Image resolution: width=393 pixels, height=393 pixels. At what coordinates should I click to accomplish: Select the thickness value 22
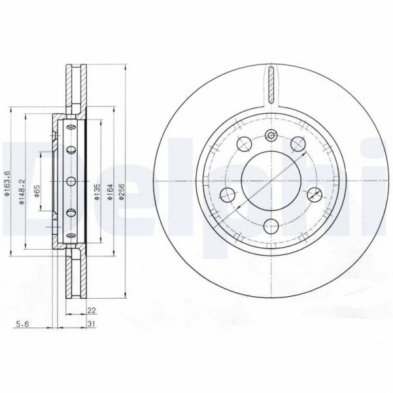pyautogui.click(x=92, y=312)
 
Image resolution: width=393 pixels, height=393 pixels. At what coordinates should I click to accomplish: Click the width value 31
pyautogui.click(x=92, y=324)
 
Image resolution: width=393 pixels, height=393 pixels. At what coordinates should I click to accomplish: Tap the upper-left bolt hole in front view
pyautogui.click(x=245, y=145)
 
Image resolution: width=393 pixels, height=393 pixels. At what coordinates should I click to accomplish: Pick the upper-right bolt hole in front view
pyautogui.click(x=299, y=145)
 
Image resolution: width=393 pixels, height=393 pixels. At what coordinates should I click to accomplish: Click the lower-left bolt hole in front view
pyautogui.click(x=228, y=194)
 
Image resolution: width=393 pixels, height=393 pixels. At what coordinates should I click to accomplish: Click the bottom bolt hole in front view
pyautogui.click(x=271, y=226)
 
